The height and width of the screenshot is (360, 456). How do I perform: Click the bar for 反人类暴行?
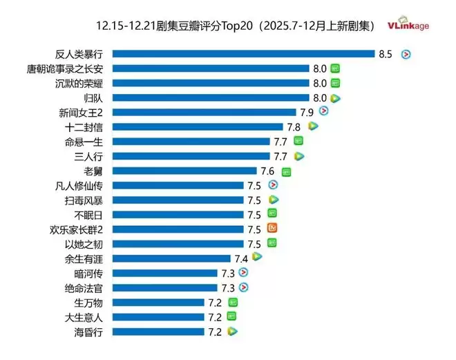point(243,54)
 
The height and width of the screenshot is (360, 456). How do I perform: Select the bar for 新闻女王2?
point(205,112)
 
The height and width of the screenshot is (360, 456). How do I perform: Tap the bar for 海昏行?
point(158,332)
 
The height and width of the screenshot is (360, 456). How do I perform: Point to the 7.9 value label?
point(307,112)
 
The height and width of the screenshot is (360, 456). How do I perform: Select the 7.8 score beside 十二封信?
point(294,126)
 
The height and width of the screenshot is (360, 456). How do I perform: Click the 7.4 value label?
point(241,258)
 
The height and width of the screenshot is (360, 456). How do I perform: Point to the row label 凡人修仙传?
point(80,185)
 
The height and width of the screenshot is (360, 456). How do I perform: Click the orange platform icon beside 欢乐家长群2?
point(273,229)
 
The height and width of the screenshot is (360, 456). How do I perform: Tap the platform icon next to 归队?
point(336,98)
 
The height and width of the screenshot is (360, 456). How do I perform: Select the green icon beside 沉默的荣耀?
point(336,83)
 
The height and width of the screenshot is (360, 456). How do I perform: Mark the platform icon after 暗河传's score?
point(243,273)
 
